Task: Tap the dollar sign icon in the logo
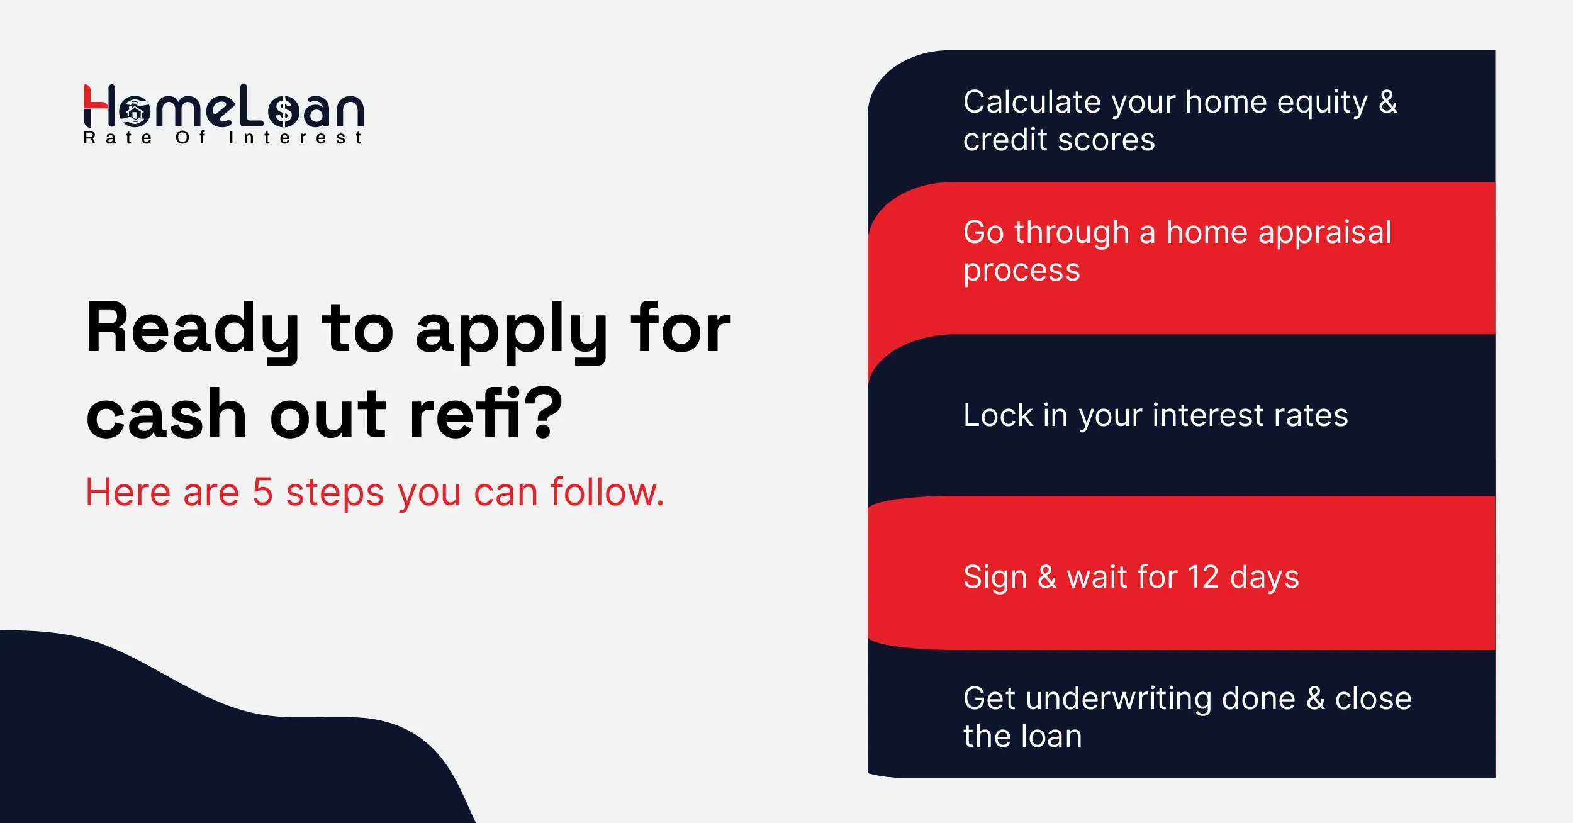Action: coord(284,111)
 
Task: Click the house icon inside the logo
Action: coord(135,112)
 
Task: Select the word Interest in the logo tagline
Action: coord(296,138)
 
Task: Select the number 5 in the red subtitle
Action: coord(262,492)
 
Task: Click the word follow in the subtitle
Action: coord(603,492)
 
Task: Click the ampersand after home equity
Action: coord(1387,102)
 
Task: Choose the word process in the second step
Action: coord(1021,271)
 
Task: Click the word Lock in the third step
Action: coord(998,415)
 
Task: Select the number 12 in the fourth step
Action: coord(1202,577)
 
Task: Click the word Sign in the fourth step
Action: coord(995,577)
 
